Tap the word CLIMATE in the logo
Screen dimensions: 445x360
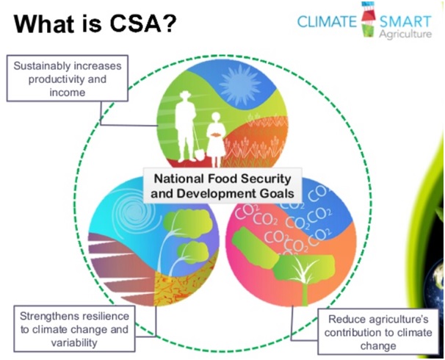click(x=327, y=21)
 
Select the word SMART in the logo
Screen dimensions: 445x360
click(x=405, y=22)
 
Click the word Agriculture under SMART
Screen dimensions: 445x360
click(x=405, y=34)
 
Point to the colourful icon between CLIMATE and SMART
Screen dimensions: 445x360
click(x=368, y=20)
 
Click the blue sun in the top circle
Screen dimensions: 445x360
click(x=240, y=82)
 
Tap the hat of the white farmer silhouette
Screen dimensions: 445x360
click(x=185, y=95)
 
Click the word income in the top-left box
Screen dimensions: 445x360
click(x=68, y=93)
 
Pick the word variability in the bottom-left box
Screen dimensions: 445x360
click(x=74, y=342)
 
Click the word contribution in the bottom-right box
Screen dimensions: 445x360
click(x=355, y=333)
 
